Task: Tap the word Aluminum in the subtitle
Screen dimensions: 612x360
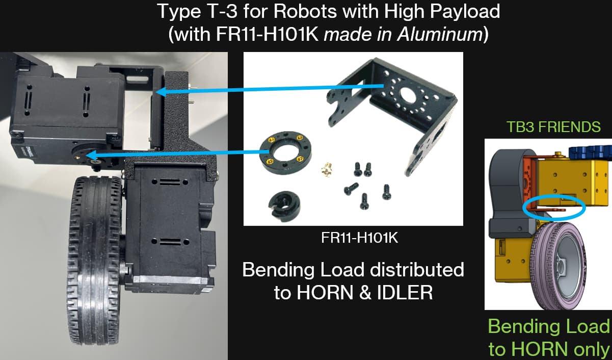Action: point(440,35)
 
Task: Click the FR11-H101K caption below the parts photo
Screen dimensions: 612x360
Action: point(360,238)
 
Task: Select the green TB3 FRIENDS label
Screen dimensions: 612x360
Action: point(553,127)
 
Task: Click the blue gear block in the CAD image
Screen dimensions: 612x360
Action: point(590,152)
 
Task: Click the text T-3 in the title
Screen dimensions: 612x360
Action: point(219,12)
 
